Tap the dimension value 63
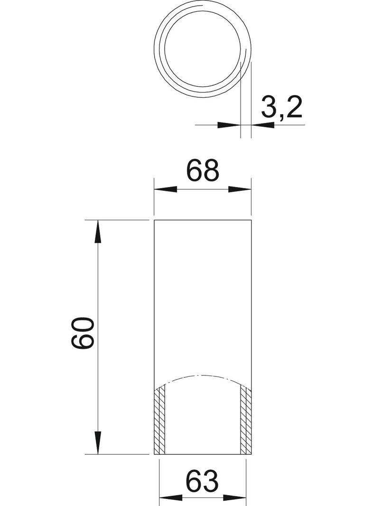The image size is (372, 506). pyautogui.click(x=203, y=481)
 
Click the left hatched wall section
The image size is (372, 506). pyautogui.click(x=160, y=420)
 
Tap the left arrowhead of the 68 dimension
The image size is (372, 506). pyautogui.click(x=165, y=189)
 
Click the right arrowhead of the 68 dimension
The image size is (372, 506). pyautogui.click(x=240, y=189)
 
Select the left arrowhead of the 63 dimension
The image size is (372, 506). pyautogui.click(x=169, y=499)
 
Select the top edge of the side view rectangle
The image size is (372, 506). pyautogui.click(x=203, y=221)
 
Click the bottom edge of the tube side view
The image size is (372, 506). pyautogui.click(x=203, y=454)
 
